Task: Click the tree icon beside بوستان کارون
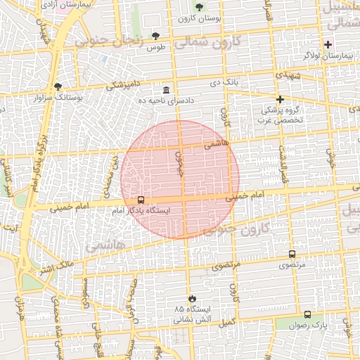[x=199, y=8]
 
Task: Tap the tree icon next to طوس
[x=155, y=37]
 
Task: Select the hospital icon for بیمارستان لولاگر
[x=328, y=44]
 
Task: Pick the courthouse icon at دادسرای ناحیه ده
[x=166, y=90]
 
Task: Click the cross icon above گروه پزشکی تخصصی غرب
[x=280, y=99]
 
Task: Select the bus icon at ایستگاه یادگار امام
[x=141, y=200]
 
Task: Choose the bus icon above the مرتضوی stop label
[x=292, y=255]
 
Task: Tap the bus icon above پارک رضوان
[x=307, y=314]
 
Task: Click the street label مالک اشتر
[x=56, y=267]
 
